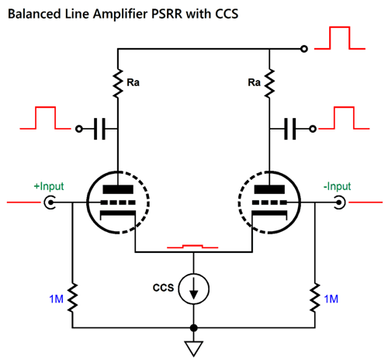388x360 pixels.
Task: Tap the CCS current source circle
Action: [194, 289]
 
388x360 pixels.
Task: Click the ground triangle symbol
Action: [194, 348]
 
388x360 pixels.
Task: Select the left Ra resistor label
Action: [133, 82]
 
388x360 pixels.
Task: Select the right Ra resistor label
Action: [254, 82]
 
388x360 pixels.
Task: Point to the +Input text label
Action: [49, 186]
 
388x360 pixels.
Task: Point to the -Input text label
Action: [337, 186]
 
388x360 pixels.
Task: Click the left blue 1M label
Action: [56, 299]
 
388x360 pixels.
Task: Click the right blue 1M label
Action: [331, 299]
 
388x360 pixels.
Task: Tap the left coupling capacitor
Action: [99, 129]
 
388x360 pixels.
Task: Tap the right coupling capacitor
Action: [290, 129]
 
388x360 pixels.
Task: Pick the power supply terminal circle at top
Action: [304, 49]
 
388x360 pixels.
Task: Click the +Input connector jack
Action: [50, 202]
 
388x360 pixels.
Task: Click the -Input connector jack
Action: [339, 202]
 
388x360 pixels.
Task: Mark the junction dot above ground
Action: [194, 328]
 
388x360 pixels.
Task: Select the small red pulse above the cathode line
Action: [192, 246]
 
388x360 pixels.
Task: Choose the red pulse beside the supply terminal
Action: [340, 38]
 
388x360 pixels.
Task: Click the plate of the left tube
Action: [118, 189]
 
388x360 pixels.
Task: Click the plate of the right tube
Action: [269, 189]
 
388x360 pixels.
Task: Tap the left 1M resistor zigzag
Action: [72, 298]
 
